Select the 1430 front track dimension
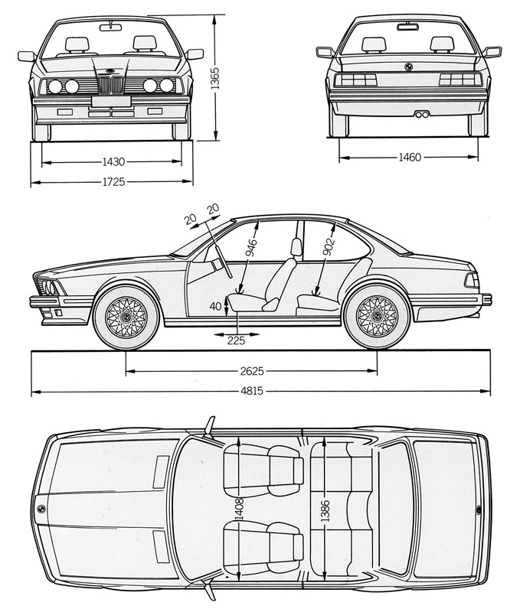click(113, 162)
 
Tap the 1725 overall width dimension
click(113, 182)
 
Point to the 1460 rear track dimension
click(410, 158)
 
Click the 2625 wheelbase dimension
click(251, 372)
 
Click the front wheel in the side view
click(126, 315)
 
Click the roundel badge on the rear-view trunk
click(408, 65)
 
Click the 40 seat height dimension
click(217, 306)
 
